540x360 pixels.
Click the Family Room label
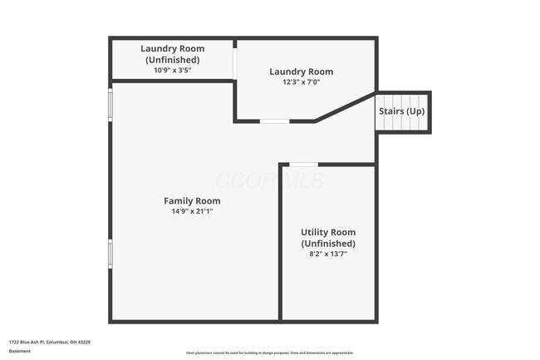[x=192, y=200]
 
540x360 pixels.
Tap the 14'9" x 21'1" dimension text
[x=192, y=211]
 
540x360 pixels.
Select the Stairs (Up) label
[x=402, y=111]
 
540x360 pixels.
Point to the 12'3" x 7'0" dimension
[x=301, y=82]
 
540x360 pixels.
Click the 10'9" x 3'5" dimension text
[x=172, y=70]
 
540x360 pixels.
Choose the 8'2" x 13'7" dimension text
[x=327, y=254]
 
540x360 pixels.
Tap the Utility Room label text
[x=327, y=232]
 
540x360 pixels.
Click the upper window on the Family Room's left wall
[x=110, y=106]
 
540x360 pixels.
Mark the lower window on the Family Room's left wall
[x=110, y=254]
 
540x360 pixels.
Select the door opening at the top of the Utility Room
[x=303, y=165]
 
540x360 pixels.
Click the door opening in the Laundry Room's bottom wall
[x=274, y=121]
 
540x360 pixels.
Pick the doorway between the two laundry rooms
[x=234, y=65]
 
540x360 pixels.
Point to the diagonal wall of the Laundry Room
[x=345, y=107]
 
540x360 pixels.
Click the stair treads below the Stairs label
[x=403, y=123]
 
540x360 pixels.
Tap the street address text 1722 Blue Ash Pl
[x=50, y=342]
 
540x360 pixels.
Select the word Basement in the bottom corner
[x=20, y=351]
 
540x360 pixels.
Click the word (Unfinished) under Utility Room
[x=327, y=244]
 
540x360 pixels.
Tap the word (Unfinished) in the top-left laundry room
[x=172, y=60]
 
